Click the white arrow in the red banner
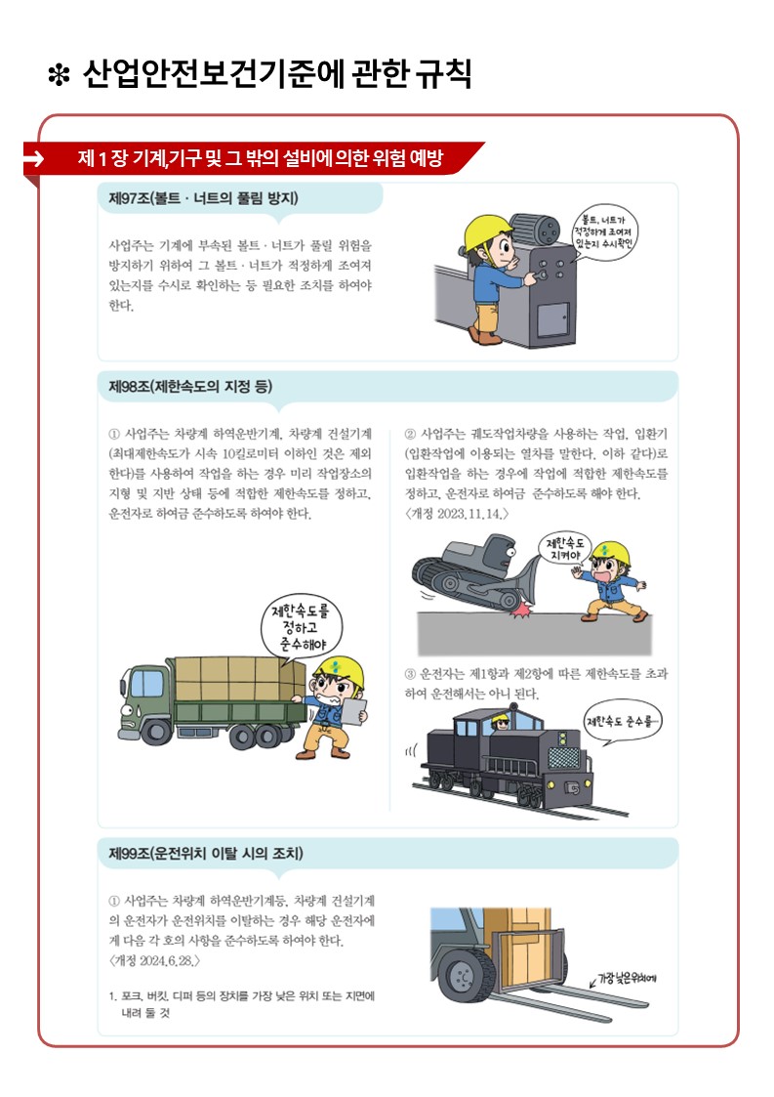coord(34,159)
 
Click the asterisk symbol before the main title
coord(59,75)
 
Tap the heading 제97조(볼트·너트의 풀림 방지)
coord(203,198)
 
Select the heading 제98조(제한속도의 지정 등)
coord(190,386)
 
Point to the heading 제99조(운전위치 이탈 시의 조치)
coord(206,854)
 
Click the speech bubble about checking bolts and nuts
coord(604,232)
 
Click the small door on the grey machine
coord(552,319)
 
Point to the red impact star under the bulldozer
coord(518,612)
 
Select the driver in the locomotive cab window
coord(500,721)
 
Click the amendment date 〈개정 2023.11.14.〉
coord(457,514)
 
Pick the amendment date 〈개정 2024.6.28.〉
coord(154,960)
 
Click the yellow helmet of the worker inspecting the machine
coord(487,230)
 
